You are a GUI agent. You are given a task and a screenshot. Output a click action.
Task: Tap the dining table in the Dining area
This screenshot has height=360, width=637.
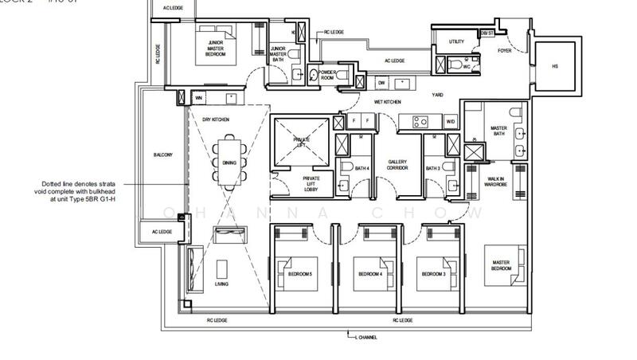tap(229, 162)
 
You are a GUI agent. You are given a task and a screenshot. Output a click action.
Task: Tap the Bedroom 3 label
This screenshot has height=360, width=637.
tap(432, 274)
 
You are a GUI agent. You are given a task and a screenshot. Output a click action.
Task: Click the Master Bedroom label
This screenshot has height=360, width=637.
tap(501, 265)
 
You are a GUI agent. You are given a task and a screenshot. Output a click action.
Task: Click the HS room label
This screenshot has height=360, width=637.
tap(555, 67)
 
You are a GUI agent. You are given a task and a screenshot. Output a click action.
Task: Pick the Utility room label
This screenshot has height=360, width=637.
tap(456, 41)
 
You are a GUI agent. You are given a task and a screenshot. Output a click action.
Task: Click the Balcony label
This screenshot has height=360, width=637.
tap(162, 155)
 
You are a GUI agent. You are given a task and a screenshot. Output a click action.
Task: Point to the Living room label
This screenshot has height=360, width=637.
tap(222, 284)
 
